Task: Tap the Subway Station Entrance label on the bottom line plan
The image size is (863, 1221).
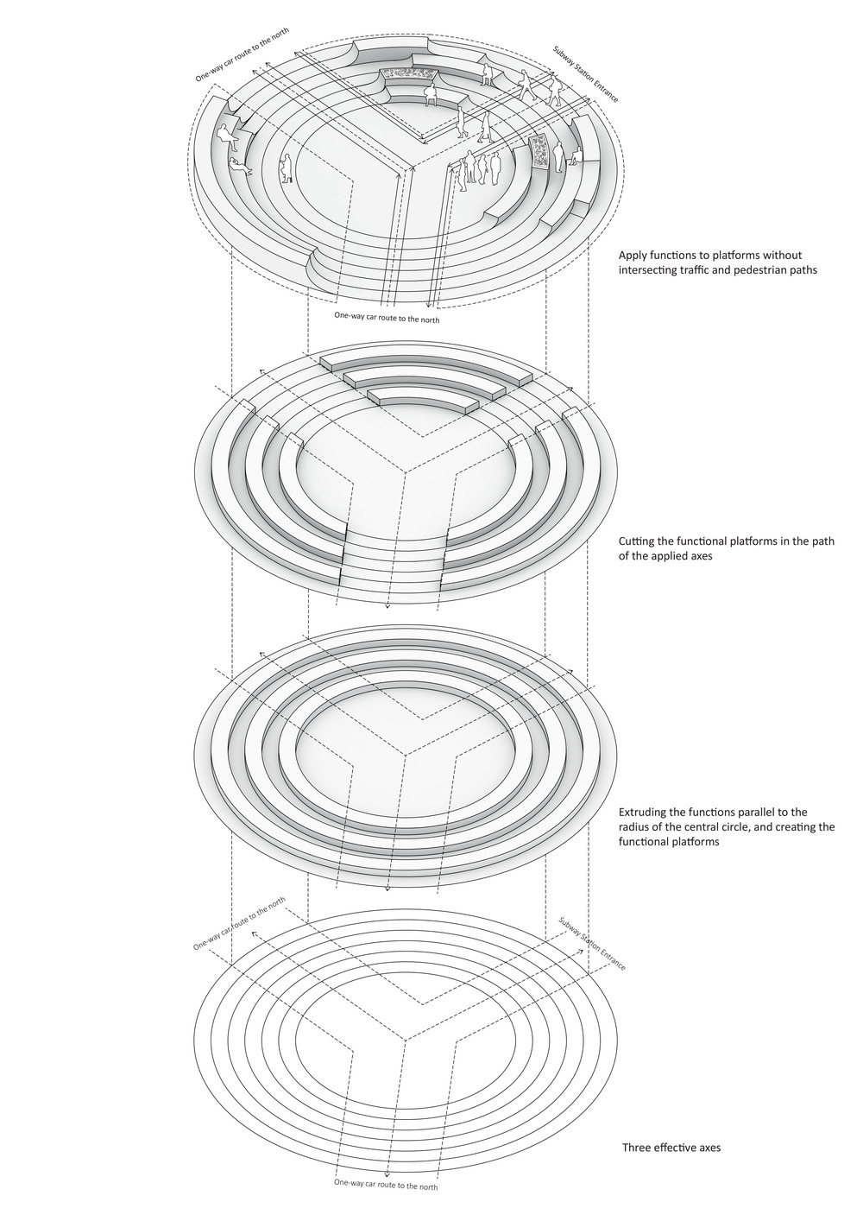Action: coord(591,944)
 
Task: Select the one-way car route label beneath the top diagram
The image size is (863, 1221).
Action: coord(387,318)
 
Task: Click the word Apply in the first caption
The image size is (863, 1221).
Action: coord(633,256)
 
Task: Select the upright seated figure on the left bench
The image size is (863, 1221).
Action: coord(226,135)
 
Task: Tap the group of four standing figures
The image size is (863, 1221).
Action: coord(479,168)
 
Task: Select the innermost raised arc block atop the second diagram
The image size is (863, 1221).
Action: coord(422,402)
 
